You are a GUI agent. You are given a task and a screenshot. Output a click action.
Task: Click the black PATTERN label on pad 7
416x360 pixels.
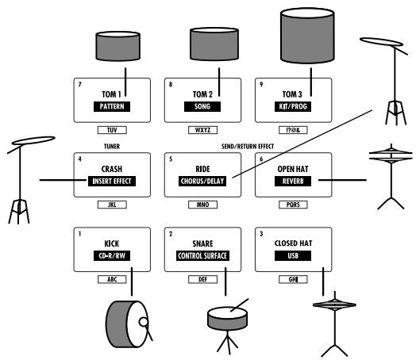[112, 106]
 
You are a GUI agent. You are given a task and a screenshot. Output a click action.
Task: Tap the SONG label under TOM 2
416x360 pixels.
[202, 106]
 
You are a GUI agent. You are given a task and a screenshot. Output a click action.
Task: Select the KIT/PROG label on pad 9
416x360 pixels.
[293, 106]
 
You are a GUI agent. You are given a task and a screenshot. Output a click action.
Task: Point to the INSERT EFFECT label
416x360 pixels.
[112, 182]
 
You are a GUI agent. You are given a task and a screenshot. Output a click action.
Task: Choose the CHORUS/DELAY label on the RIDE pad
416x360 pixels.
[202, 182]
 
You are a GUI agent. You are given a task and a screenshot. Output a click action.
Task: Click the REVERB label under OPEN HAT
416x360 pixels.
[293, 182]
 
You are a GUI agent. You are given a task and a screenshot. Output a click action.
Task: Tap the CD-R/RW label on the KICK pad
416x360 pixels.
[112, 256]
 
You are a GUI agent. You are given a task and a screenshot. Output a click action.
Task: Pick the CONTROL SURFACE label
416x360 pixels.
[202, 256]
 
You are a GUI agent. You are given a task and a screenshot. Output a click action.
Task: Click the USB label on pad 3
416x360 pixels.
[293, 256]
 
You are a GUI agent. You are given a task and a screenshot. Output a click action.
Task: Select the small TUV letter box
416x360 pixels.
[112, 130]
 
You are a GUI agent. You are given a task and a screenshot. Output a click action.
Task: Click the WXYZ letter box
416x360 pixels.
[202, 130]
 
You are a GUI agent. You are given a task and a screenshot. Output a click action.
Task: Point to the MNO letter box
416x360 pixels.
[202, 205]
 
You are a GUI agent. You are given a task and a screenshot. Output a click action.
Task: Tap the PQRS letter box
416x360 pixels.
[293, 205]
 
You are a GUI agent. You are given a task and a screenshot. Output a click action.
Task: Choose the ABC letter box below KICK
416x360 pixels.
[112, 279]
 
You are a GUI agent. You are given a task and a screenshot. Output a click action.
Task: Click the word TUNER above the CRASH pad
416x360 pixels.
[112, 147]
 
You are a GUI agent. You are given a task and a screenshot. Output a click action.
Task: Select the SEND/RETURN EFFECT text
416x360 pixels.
[248, 147]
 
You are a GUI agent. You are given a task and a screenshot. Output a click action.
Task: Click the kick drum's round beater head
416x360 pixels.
[143, 322]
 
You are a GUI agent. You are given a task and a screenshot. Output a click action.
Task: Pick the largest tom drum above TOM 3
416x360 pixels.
[307, 36]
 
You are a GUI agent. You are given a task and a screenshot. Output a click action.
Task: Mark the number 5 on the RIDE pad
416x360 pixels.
[171, 159]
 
